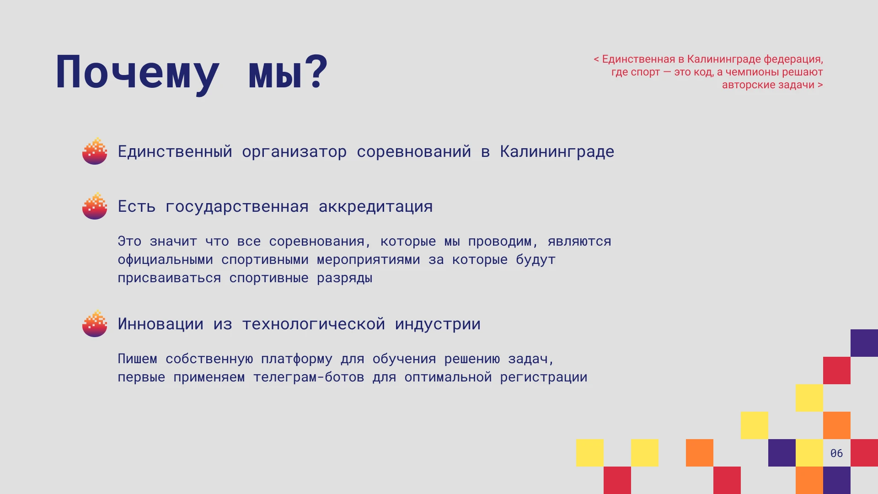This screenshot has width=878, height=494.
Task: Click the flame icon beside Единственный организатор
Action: tap(95, 151)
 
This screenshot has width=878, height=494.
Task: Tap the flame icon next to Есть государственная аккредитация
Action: tap(95, 206)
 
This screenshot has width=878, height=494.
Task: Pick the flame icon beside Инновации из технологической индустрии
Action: tap(95, 323)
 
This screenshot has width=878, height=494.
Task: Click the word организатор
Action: tap(294, 152)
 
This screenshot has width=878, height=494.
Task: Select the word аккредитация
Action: tap(375, 207)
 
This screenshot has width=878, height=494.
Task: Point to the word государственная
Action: tap(237, 207)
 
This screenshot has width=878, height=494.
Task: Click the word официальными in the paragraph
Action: tap(165, 259)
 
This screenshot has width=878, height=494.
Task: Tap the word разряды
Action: tap(344, 278)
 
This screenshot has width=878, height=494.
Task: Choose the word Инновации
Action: tap(161, 324)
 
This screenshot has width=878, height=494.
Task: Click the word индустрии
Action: tap(438, 324)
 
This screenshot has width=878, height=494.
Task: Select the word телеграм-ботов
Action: tap(309, 377)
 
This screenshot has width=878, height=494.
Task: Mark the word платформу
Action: tap(296, 359)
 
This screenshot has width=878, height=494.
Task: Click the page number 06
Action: tap(836, 453)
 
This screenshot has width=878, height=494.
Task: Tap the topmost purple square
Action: tap(864, 343)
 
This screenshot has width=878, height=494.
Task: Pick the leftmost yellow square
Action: tap(590, 453)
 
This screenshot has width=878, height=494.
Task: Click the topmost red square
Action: tap(837, 370)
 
